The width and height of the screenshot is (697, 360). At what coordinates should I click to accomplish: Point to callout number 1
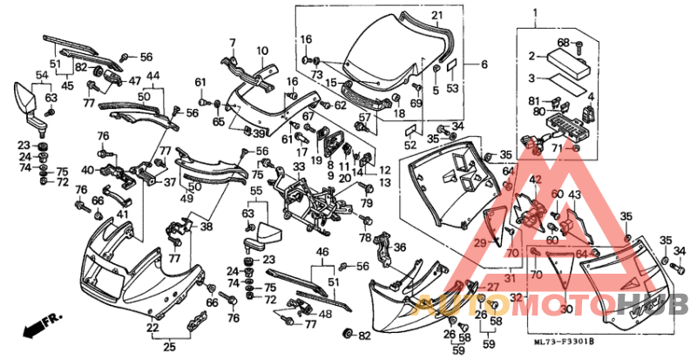[x=536, y=13]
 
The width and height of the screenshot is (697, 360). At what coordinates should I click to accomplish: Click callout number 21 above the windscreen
[x=436, y=16]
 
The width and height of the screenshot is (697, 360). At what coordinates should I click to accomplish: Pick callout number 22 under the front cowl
[x=152, y=329]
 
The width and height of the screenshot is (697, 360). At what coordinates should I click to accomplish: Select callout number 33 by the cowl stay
[x=299, y=166]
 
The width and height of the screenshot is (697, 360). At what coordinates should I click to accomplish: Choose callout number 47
[x=135, y=80]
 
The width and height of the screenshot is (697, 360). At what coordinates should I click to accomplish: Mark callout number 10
[x=261, y=51]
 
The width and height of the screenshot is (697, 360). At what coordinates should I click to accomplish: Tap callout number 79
[x=367, y=203]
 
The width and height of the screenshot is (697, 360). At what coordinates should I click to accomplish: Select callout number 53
[x=451, y=88]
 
